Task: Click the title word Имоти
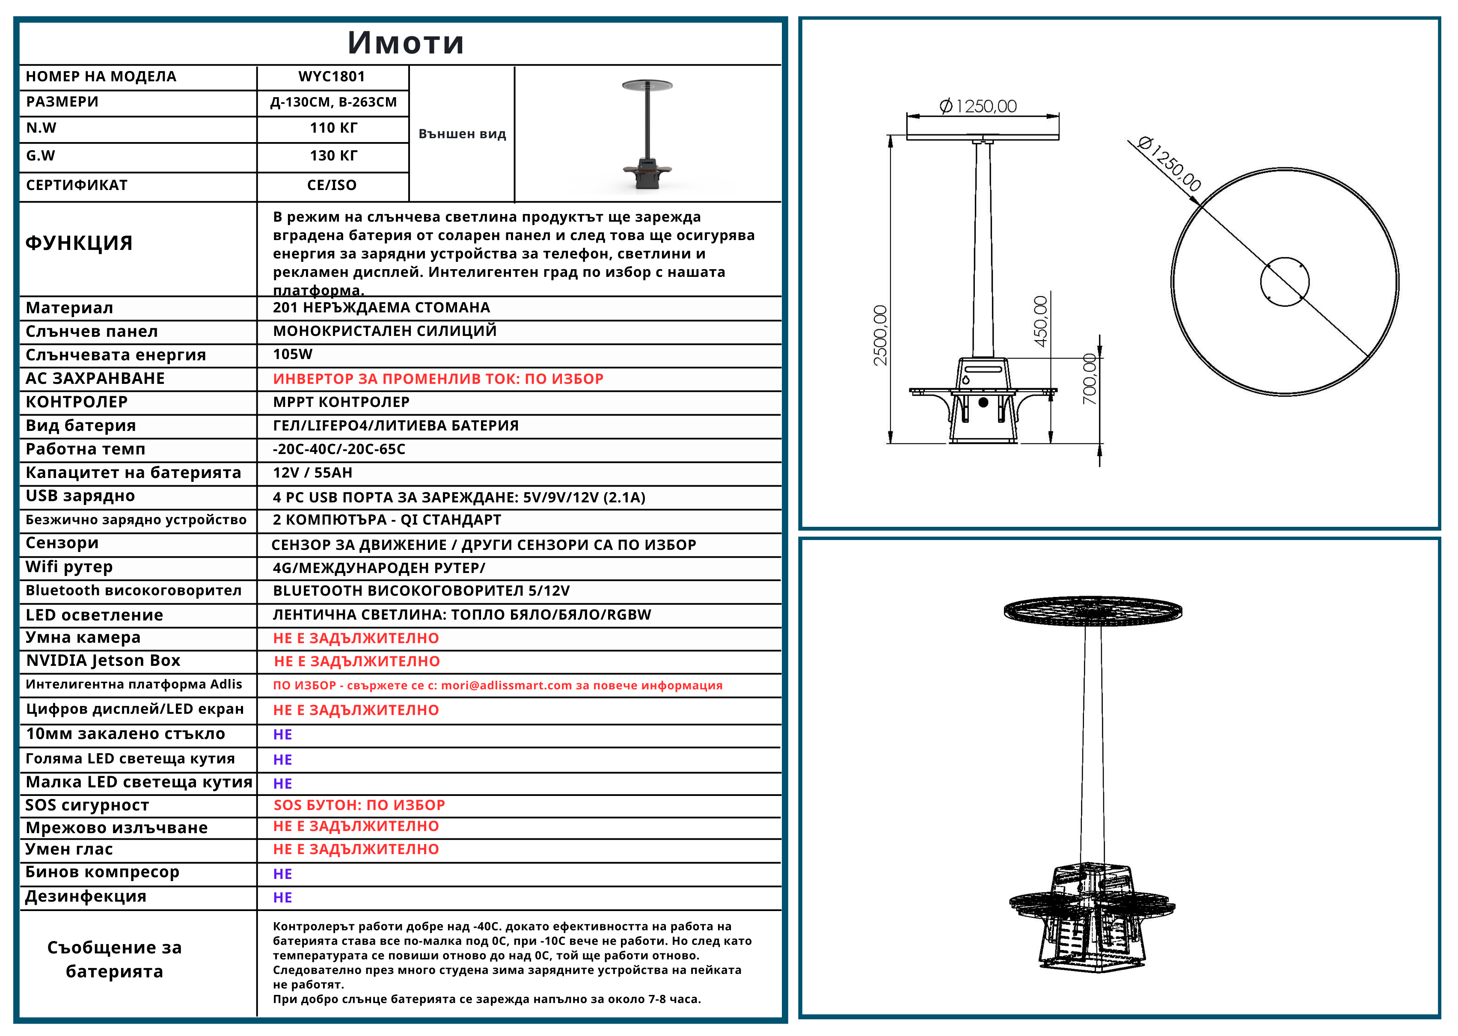[406, 43]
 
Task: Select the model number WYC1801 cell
[332, 77]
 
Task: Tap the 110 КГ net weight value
[333, 128]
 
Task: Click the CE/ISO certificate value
[332, 185]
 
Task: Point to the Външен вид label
[462, 134]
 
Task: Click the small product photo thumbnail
[647, 135]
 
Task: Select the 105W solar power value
[293, 354]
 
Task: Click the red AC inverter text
[437, 379]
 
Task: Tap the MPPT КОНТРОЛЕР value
[341, 402]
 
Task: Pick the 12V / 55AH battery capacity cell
[312, 473]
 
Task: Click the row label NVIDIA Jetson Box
[103, 660]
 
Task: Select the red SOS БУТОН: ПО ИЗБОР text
[359, 805]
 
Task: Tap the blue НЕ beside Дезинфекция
[282, 898]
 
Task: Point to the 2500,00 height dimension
[880, 335]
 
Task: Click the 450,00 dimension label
[1040, 321]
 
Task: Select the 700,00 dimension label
[1090, 379]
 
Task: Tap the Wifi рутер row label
[69, 567]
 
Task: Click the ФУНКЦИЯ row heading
[79, 243]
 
